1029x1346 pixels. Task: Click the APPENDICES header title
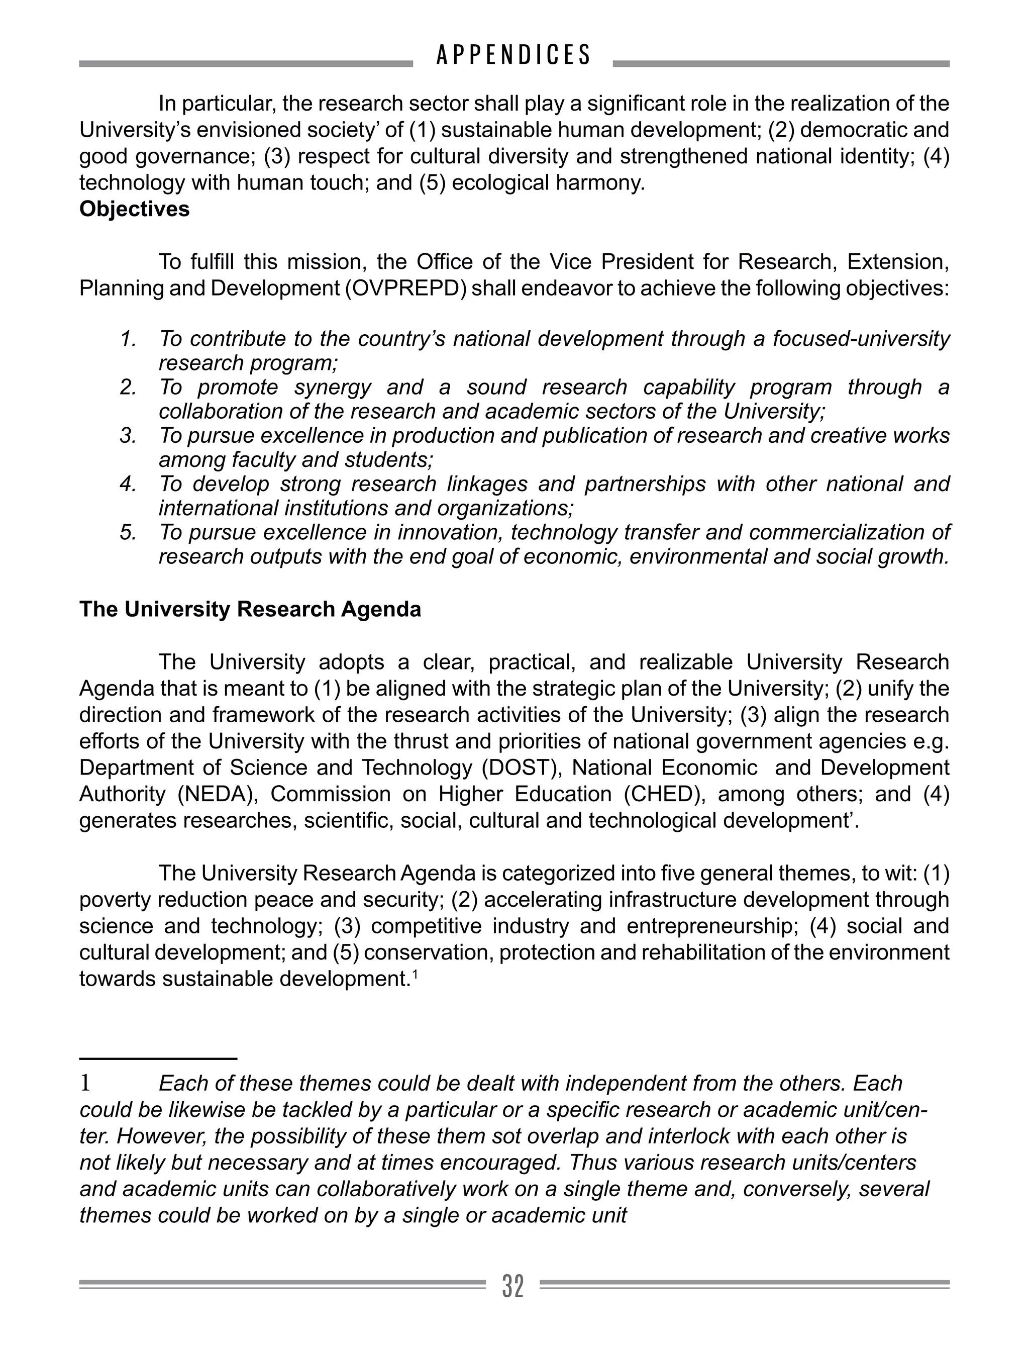click(x=513, y=55)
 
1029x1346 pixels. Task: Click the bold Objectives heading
click(x=134, y=210)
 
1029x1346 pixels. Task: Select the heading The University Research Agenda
click(x=250, y=610)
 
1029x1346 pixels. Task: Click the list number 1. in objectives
click(x=128, y=339)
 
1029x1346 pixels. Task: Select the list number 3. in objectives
click(x=128, y=436)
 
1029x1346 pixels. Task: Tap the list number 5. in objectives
click(x=128, y=532)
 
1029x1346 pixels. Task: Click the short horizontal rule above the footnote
click(x=158, y=1058)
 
